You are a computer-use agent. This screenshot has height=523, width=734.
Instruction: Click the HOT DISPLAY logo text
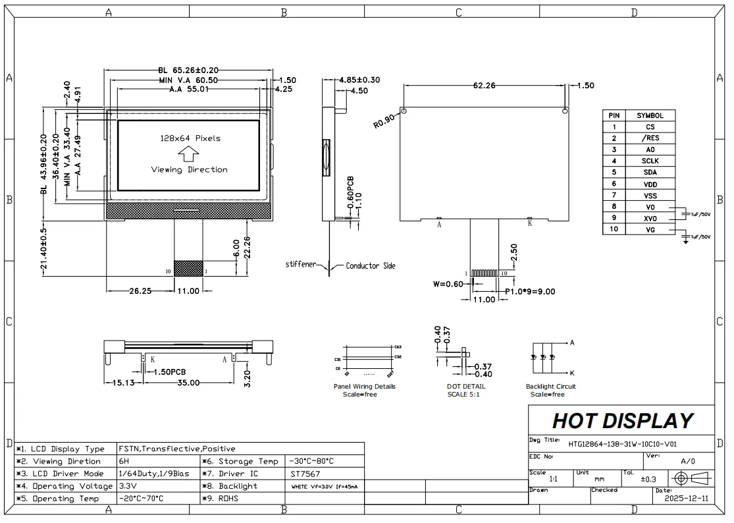[622, 420]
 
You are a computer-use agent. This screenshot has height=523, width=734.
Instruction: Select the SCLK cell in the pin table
[650, 161]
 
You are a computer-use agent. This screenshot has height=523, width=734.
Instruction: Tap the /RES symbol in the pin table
[650, 138]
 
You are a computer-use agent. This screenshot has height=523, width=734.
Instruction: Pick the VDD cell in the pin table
[650, 184]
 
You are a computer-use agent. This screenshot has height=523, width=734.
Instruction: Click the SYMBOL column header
[650, 115]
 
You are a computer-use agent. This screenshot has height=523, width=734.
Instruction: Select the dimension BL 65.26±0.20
[188, 70]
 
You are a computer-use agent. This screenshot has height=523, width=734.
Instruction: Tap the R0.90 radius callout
[384, 121]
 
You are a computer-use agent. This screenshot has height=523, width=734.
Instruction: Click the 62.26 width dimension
[484, 85]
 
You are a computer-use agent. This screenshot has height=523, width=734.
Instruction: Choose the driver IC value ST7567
[302, 474]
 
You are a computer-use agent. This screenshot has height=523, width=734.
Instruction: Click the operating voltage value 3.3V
[126, 486]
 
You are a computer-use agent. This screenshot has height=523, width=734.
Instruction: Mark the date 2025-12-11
[687, 499]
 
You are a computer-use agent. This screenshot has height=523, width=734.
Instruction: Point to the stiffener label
[300, 265]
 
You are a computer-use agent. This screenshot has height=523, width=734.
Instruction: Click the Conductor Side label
[371, 265]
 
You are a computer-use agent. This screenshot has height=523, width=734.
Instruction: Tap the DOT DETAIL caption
[465, 387]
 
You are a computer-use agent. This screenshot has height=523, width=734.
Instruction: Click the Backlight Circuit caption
[550, 387]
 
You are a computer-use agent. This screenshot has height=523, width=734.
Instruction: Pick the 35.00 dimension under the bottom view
[188, 382]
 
